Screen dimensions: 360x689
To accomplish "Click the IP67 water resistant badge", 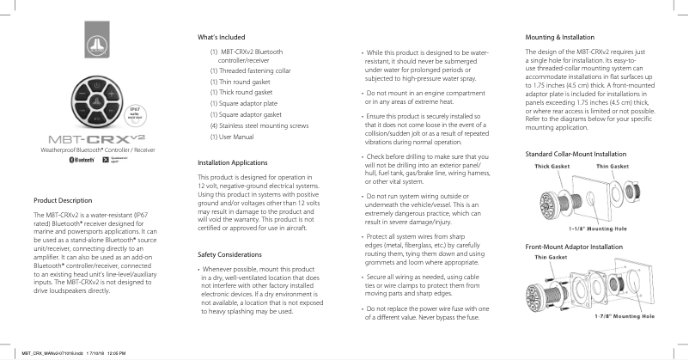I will click(x=134, y=114).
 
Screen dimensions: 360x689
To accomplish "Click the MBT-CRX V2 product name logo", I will click(x=96, y=139).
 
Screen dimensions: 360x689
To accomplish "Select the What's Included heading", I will click(x=221, y=38).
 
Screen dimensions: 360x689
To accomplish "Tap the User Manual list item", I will click(x=232, y=137).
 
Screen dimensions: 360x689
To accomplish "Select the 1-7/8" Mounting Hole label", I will click(x=625, y=317).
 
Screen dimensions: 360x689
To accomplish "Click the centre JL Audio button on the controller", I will click(x=96, y=102).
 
